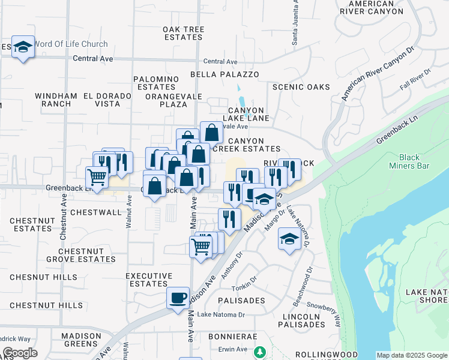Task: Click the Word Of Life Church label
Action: click(x=71, y=44)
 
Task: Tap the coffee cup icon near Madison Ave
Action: click(x=178, y=298)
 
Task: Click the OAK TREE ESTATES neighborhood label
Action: click(x=184, y=33)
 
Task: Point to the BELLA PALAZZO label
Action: click(x=224, y=74)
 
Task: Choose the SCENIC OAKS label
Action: click(x=301, y=87)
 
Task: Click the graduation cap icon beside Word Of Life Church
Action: click(x=23, y=47)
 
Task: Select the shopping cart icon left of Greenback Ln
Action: click(x=97, y=178)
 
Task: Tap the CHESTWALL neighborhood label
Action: click(x=96, y=212)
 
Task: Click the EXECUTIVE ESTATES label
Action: click(x=146, y=280)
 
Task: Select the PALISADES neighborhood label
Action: click(x=241, y=300)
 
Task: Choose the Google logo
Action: click(x=20, y=353)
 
